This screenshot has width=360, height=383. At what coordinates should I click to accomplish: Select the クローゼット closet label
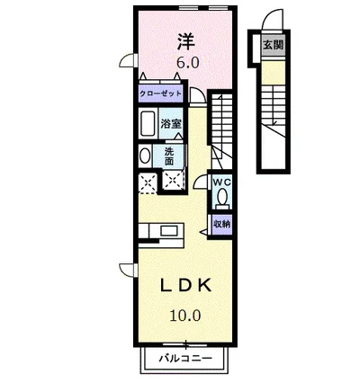[x=160, y=94]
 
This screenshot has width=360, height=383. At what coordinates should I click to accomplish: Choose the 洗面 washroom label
[x=169, y=156]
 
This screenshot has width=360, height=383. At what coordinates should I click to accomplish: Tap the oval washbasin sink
[x=145, y=155]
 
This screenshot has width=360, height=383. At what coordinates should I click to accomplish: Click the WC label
[x=222, y=182]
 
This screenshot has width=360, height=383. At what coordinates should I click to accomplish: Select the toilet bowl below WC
[x=222, y=199]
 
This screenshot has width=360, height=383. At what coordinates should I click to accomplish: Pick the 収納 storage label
[x=221, y=223]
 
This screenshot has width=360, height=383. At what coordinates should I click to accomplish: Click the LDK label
[x=186, y=285]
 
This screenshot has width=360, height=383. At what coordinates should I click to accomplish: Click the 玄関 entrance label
[x=271, y=44]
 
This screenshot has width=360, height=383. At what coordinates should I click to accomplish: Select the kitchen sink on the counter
[x=166, y=231]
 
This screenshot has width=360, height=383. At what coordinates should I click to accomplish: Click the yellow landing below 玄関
[x=271, y=70]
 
